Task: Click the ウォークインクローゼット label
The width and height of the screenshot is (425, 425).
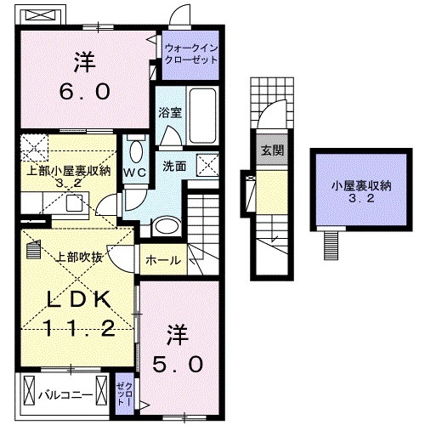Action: click(x=190, y=54)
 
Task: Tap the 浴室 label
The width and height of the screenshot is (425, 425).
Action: click(x=167, y=111)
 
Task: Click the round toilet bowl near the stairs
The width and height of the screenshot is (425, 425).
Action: click(x=167, y=225)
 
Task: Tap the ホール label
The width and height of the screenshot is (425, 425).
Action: click(x=161, y=260)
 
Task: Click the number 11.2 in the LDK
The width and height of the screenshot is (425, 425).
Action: click(x=75, y=327)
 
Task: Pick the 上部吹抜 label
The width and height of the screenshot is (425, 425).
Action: click(x=79, y=255)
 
